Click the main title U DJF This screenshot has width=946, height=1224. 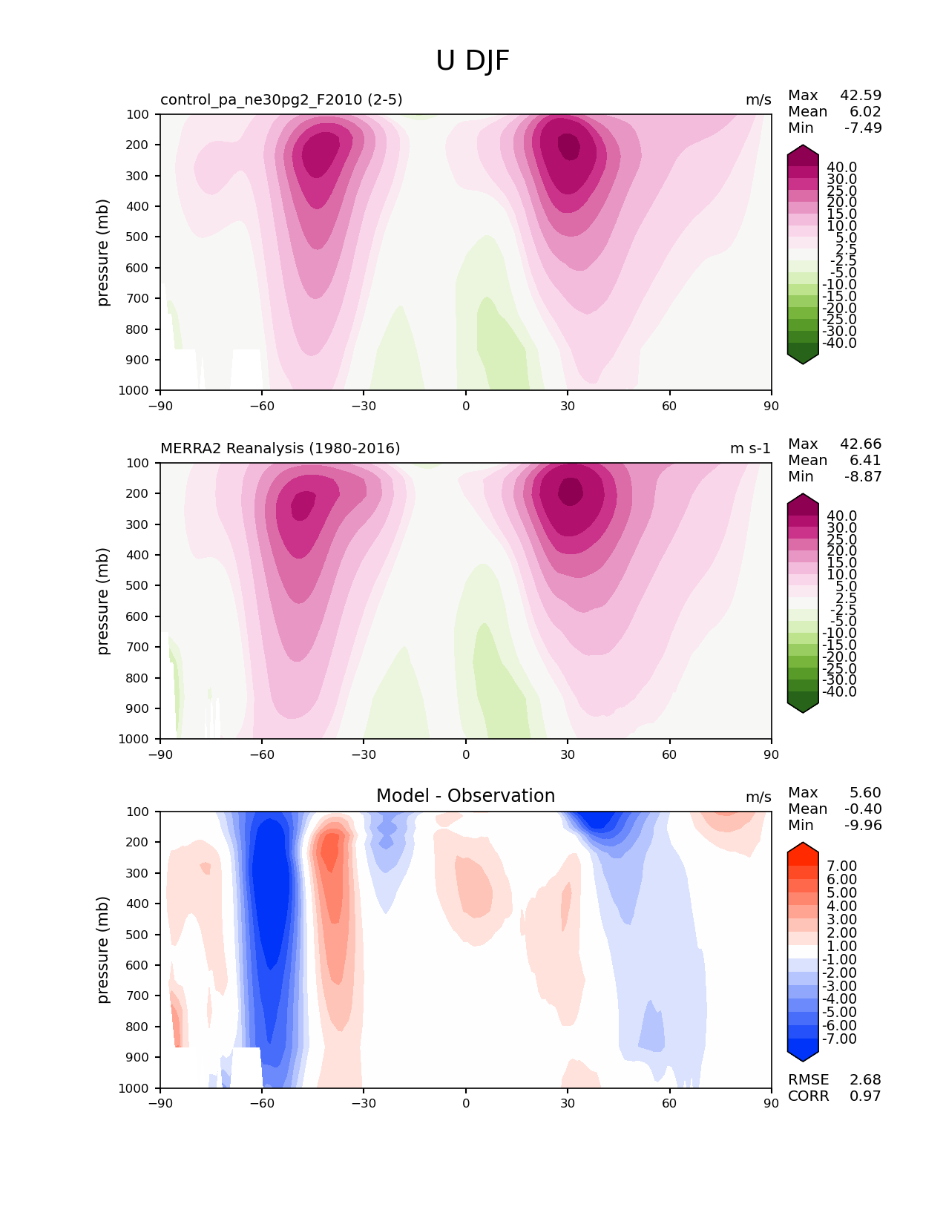(473, 61)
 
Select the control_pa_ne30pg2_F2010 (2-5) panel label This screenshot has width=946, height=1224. (281, 100)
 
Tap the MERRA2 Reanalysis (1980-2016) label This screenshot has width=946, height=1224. (280, 449)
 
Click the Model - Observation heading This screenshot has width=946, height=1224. (465, 796)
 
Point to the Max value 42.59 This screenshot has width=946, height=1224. (861, 96)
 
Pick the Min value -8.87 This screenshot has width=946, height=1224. (863, 477)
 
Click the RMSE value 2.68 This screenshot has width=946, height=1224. (865, 1080)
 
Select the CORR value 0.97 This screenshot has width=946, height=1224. (865, 1096)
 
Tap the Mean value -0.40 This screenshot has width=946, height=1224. (863, 809)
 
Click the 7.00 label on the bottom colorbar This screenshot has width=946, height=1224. (841, 866)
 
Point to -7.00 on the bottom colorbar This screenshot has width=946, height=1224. (839, 1039)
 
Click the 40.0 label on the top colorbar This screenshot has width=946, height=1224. (841, 168)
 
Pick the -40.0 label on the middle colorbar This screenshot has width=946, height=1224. (839, 692)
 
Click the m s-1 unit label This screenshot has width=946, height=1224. (750, 449)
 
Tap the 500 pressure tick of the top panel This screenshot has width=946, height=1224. (137, 237)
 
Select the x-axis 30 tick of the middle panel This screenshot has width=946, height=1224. (568, 754)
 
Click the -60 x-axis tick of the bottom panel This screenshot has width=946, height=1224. (262, 1103)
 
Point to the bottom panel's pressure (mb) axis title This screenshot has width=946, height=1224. (103, 950)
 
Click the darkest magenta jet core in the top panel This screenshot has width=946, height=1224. (568, 144)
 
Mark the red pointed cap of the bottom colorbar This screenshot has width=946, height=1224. (803, 852)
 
